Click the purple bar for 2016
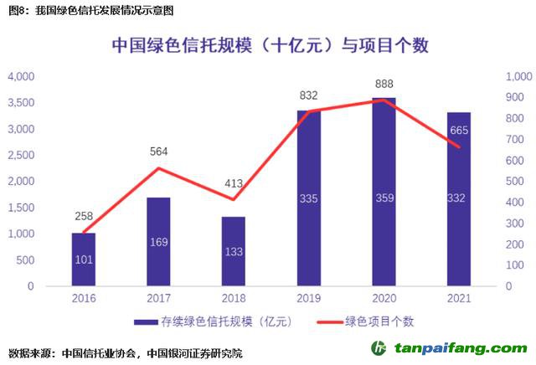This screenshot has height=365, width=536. [84, 260]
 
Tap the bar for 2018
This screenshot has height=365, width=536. [234, 251]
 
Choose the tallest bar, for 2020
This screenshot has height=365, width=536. [384, 192]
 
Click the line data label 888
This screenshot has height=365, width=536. [384, 84]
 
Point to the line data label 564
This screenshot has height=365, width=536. [158, 152]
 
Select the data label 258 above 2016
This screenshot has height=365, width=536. [84, 216]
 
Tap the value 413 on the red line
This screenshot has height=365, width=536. [234, 182]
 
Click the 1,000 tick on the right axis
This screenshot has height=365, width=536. [519, 76]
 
